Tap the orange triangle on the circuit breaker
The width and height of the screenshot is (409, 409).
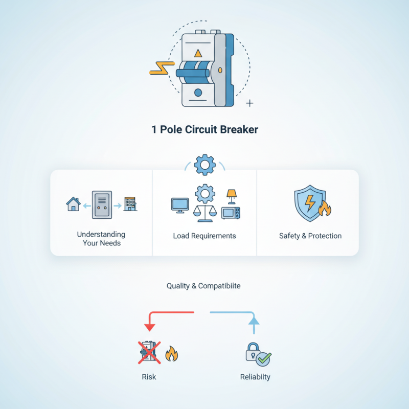point(198,52)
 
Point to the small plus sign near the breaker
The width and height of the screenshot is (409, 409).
point(249,103)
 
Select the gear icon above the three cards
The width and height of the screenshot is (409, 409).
point(205,165)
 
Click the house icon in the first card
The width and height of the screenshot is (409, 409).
point(74,204)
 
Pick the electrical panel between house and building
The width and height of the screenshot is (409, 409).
point(101,205)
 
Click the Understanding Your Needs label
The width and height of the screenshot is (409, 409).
point(101,238)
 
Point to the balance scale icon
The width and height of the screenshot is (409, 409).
point(204,211)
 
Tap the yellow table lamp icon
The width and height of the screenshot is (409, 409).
point(232,195)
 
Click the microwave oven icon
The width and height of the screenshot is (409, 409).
point(230,213)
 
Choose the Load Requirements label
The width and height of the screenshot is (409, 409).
point(204,236)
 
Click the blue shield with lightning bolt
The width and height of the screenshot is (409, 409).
point(308,203)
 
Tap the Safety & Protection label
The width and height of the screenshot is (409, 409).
point(310,236)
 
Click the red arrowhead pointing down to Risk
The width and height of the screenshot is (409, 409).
point(150,327)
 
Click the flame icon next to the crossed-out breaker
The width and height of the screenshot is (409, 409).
point(171,353)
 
